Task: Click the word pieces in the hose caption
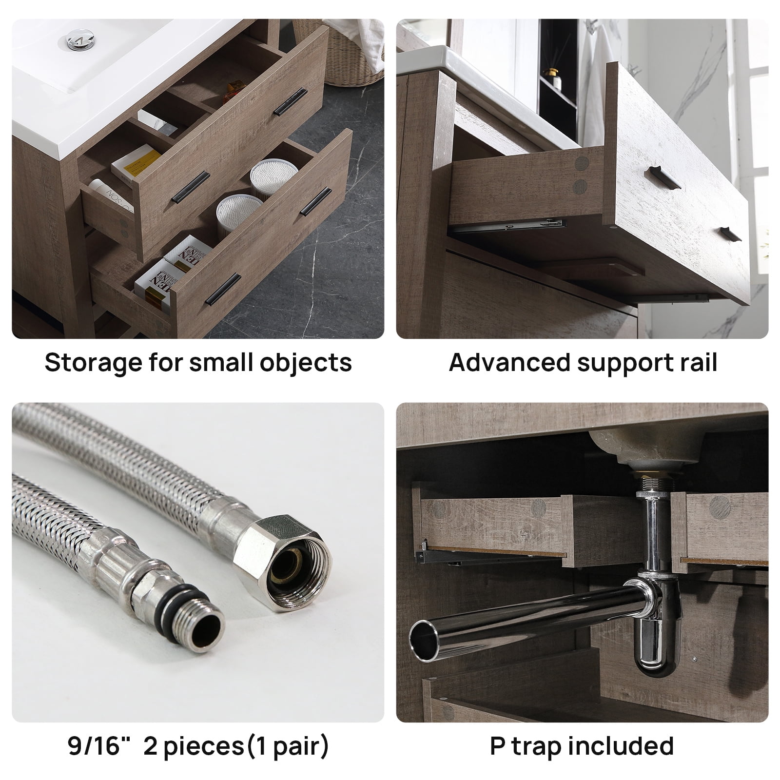[203, 747]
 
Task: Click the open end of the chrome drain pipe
[424, 639]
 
